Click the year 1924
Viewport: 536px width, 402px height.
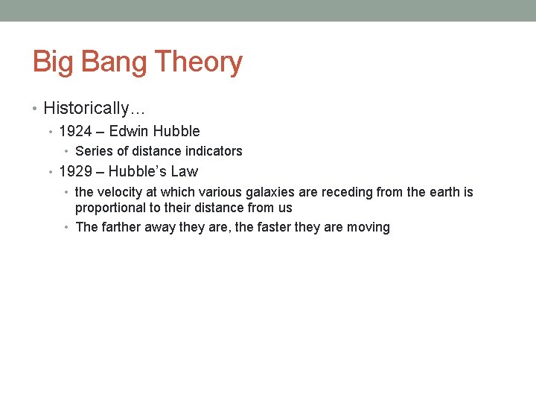pos(75,132)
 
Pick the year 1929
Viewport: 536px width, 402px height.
pos(75,172)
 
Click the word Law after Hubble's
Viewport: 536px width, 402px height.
pos(184,172)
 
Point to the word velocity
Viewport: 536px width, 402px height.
pos(120,192)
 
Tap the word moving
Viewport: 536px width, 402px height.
pos(368,227)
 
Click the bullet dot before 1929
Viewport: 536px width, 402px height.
pos(50,172)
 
